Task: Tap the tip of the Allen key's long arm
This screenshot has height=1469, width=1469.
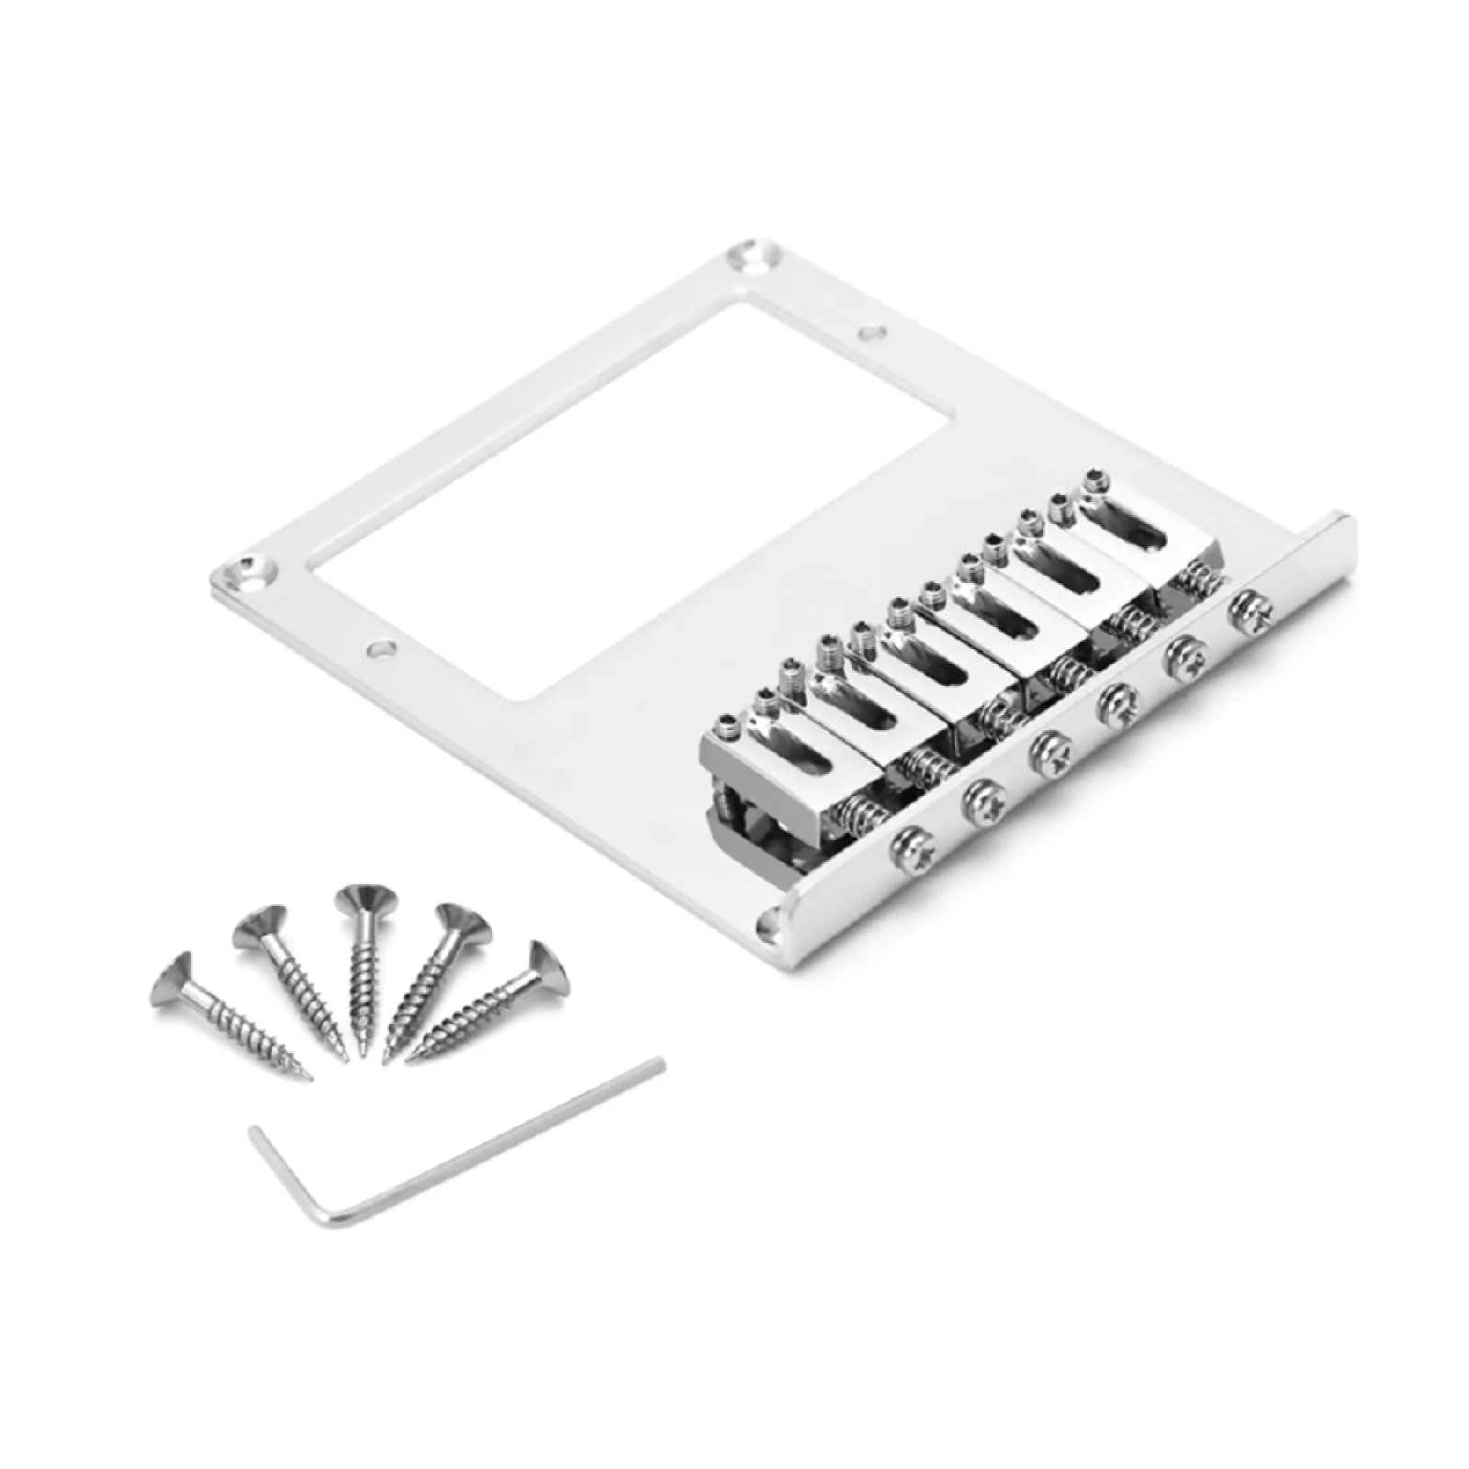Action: click(657, 1065)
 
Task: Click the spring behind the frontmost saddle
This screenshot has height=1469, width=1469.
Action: click(857, 813)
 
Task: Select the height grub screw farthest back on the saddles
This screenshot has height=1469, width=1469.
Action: click(1093, 477)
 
